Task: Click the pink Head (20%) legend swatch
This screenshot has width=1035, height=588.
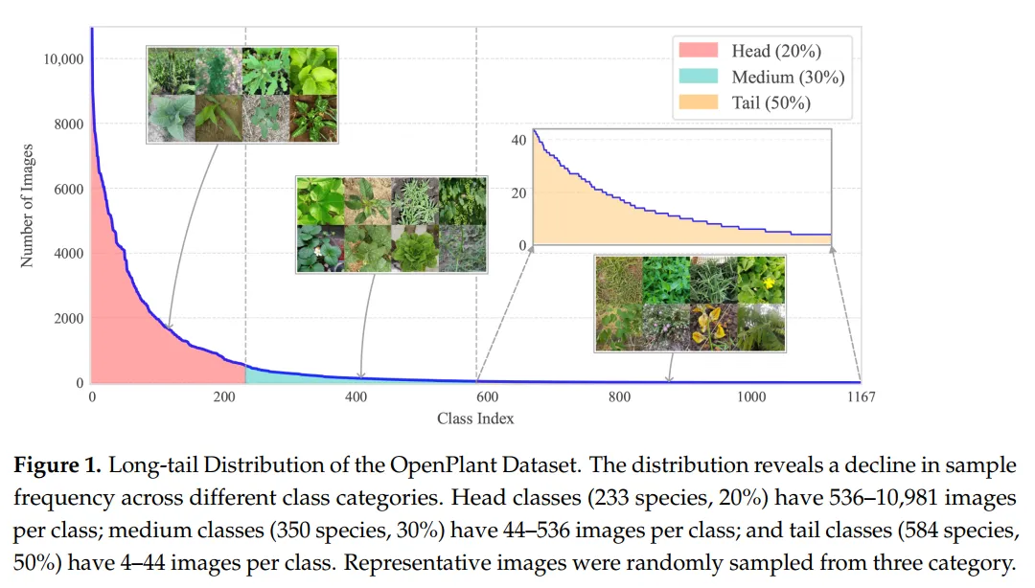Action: click(x=699, y=50)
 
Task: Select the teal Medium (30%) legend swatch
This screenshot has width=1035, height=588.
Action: click(x=699, y=76)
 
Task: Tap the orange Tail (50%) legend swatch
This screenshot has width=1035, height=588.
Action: click(x=699, y=102)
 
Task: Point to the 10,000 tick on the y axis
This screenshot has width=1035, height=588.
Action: click(x=63, y=59)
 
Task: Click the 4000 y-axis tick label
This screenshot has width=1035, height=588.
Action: click(x=69, y=254)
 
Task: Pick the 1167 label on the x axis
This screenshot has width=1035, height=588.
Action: click(x=861, y=396)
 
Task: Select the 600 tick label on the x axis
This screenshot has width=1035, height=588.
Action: click(x=487, y=396)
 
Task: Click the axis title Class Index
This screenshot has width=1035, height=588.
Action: click(x=475, y=418)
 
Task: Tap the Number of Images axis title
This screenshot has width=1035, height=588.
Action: click(x=27, y=206)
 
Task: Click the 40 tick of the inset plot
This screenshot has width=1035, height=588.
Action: click(x=518, y=140)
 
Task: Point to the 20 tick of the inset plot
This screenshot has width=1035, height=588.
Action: click(x=518, y=192)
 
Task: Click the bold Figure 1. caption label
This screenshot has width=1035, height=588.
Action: click(x=57, y=464)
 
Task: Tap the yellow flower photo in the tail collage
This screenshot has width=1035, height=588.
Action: click(x=762, y=280)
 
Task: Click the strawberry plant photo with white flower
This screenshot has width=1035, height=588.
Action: click(x=320, y=248)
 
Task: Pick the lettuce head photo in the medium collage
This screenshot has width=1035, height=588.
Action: click(x=415, y=248)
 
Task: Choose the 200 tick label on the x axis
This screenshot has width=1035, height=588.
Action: click(x=223, y=396)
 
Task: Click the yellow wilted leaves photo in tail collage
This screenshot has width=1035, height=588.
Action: click(x=714, y=327)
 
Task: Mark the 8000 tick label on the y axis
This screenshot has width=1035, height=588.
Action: click(x=69, y=124)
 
